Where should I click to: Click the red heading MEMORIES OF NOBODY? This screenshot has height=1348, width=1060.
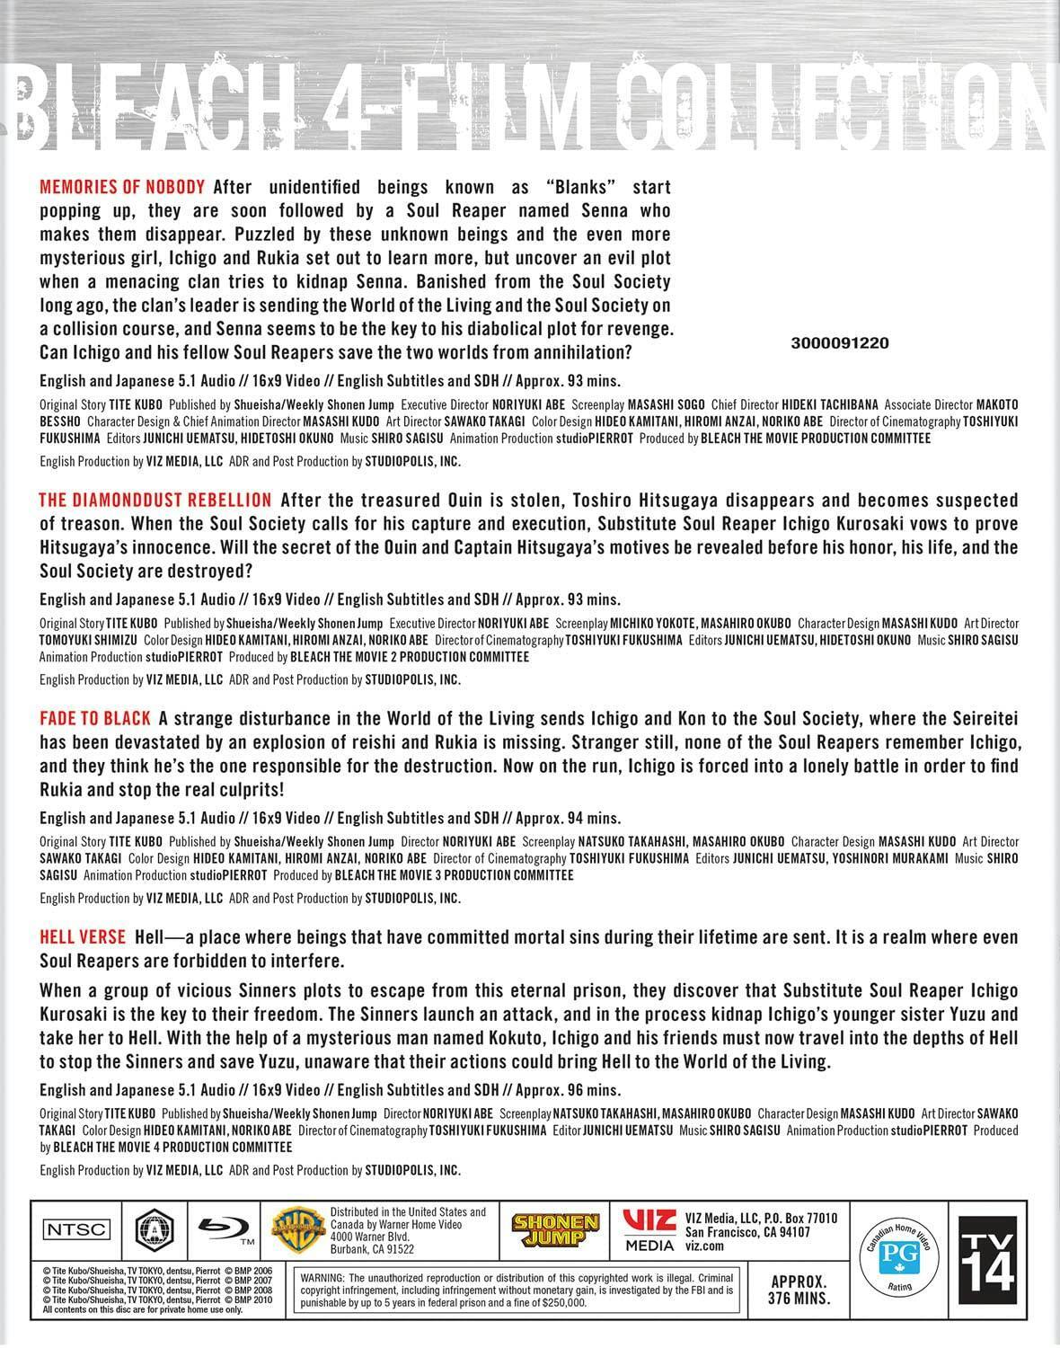click(x=123, y=188)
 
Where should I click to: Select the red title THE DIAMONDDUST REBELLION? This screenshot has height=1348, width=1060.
click(x=155, y=500)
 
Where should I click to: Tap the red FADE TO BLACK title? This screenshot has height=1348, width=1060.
click(x=94, y=718)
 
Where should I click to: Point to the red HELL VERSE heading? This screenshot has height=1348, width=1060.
click(x=83, y=937)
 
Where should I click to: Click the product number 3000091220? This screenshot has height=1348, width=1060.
click(x=841, y=343)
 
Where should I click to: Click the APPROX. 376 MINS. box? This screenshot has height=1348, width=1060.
click(x=799, y=1290)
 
